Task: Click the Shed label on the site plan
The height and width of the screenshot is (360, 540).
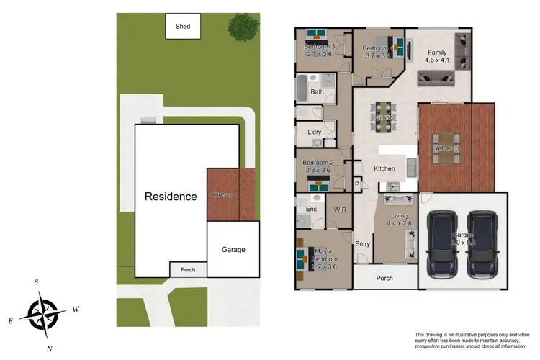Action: [x=182, y=26]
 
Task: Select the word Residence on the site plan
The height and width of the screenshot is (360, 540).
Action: [x=171, y=196]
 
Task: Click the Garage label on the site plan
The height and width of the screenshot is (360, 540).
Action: [x=233, y=250]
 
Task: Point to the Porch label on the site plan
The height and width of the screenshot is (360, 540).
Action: [x=187, y=271]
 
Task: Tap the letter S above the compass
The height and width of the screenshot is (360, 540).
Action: [x=36, y=282]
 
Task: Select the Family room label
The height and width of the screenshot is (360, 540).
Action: [x=438, y=53]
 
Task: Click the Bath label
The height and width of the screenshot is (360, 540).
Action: [x=317, y=92]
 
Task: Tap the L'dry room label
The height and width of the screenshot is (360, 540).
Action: [x=314, y=132]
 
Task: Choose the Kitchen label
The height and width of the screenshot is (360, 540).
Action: [x=384, y=168]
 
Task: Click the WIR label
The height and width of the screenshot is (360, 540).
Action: [x=341, y=210]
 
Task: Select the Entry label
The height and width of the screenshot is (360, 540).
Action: [x=362, y=244]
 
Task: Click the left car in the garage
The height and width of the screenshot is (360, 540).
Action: [x=441, y=245]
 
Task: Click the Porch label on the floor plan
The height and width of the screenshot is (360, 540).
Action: [x=384, y=277]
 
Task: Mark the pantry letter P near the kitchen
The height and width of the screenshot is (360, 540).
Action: [x=356, y=185]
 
